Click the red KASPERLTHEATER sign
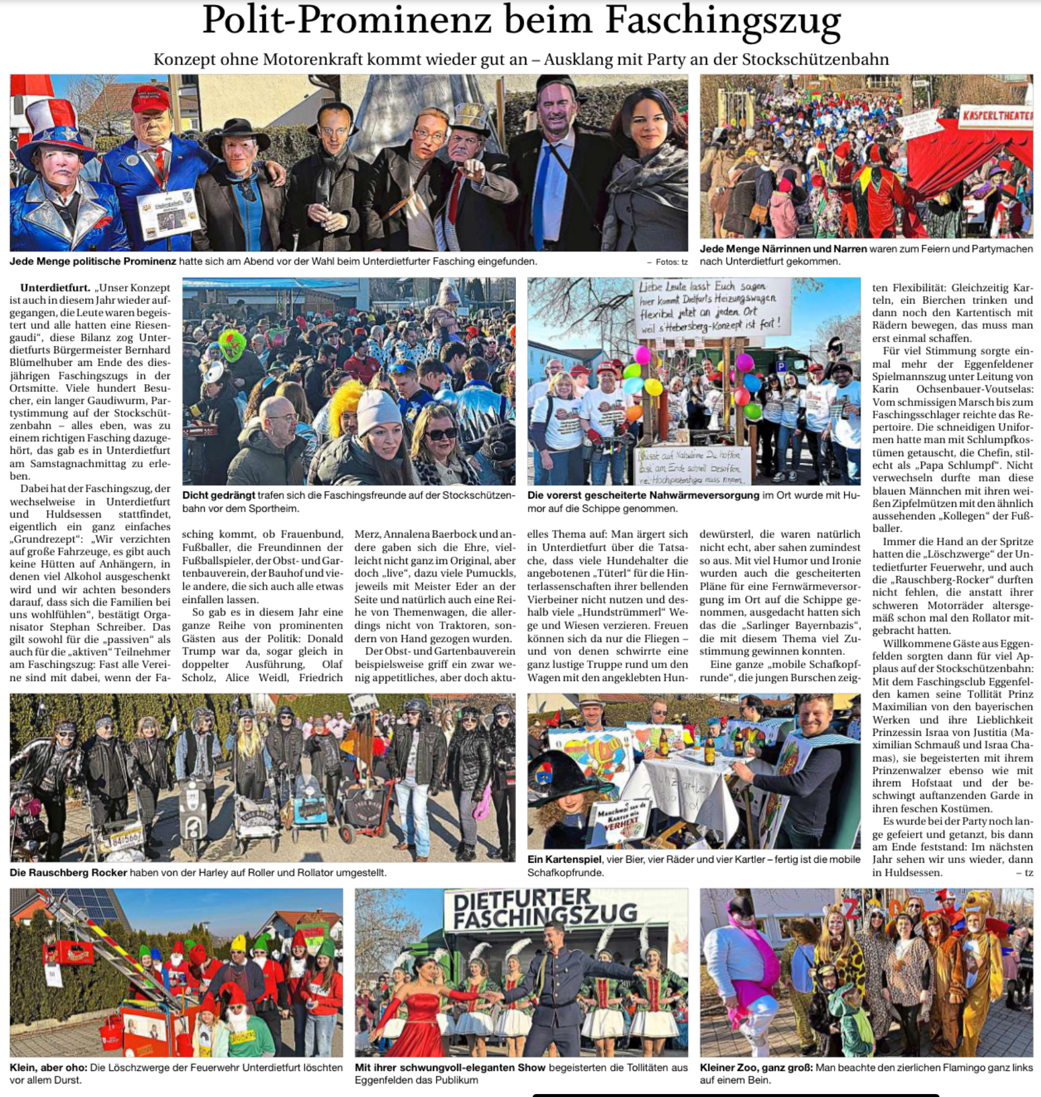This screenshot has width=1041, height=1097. [997, 115]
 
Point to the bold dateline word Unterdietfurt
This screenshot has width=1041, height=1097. [55, 288]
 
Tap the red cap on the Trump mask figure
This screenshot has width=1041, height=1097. [150, 99]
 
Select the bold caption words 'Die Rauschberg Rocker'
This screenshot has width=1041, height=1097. [68, 873]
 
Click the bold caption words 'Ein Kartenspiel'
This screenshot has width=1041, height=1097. [564, 860]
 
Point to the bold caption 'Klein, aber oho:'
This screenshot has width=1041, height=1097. [48, 1067]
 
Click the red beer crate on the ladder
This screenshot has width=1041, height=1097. [72, 951]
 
